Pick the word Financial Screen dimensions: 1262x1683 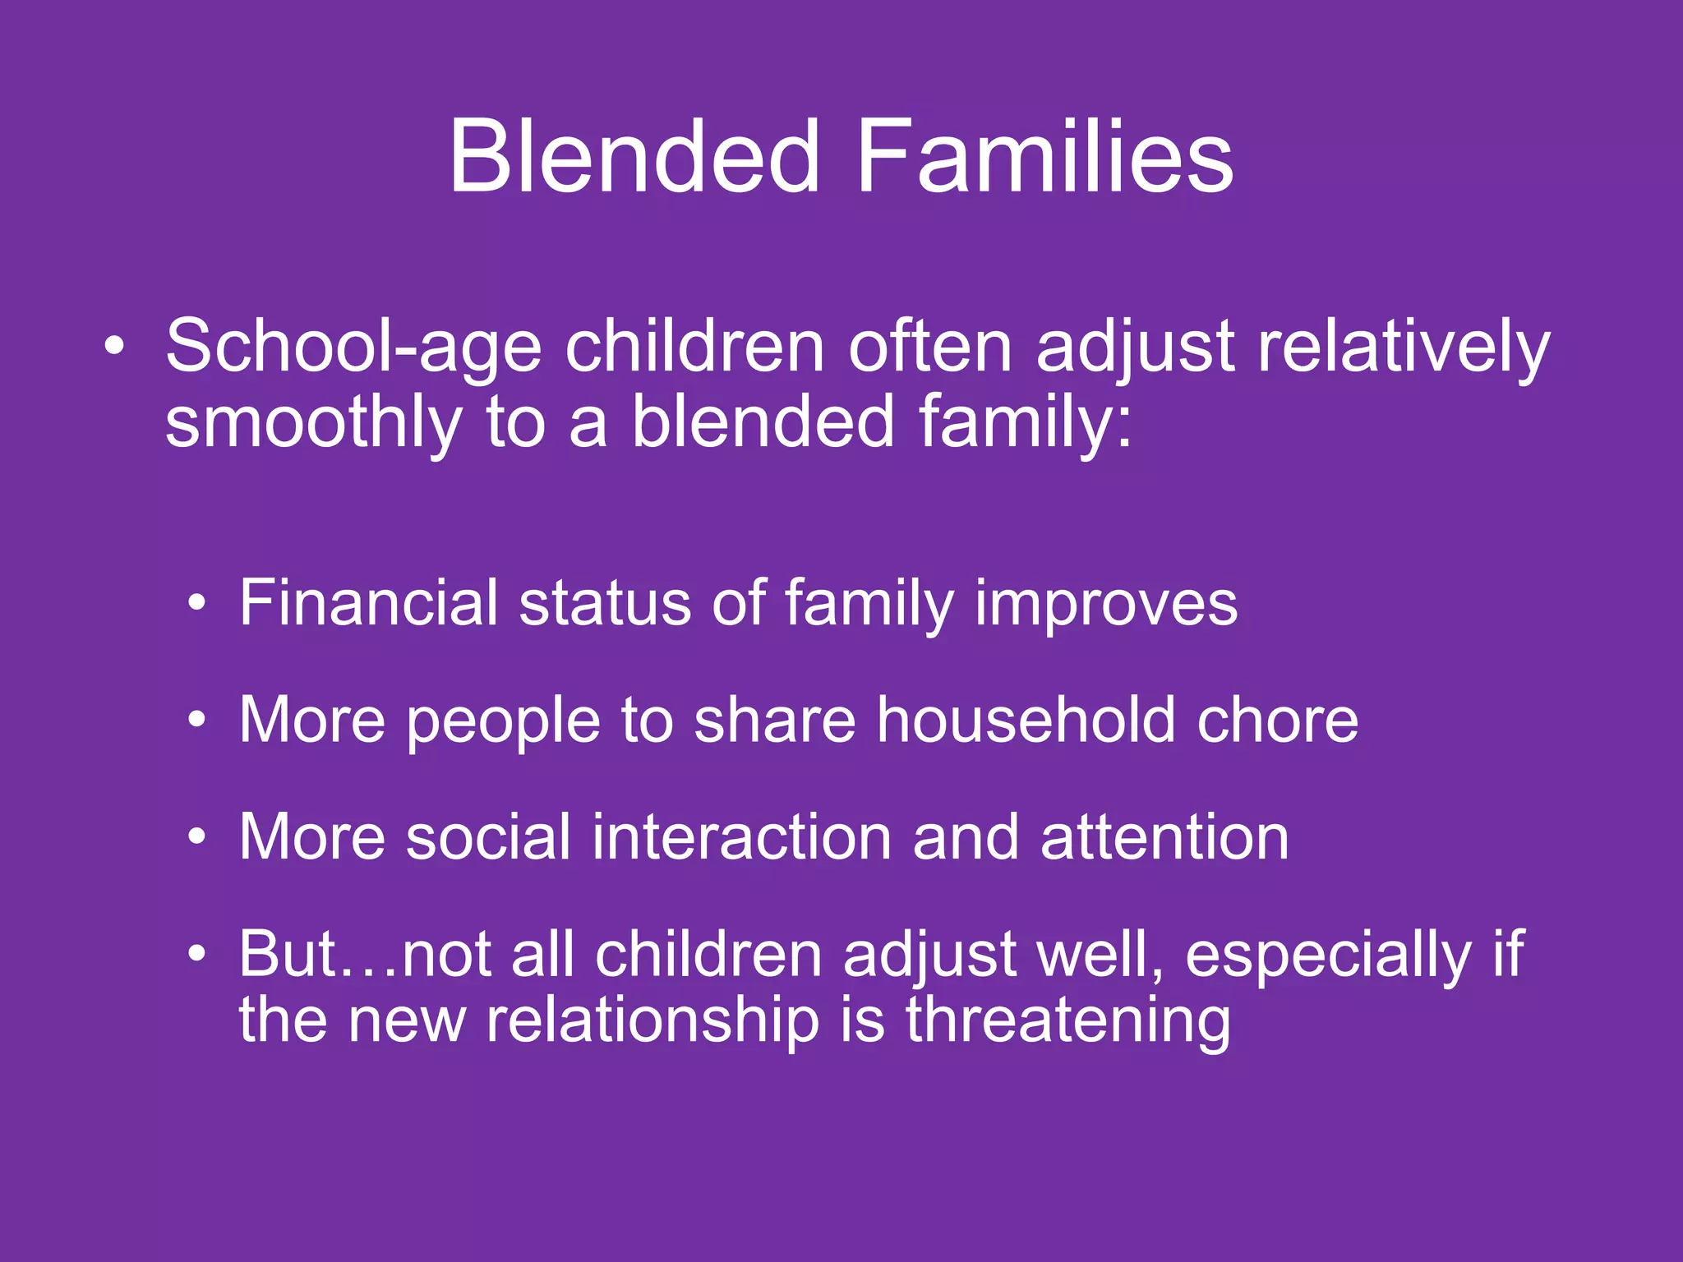coord(369,603)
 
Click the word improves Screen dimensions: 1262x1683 coord(1105,603)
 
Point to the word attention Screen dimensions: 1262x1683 coord(1164,837)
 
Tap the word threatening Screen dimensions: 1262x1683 coord(1067,1021)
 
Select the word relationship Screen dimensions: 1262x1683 coord(653,1021)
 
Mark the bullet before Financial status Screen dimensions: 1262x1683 coord(196,605)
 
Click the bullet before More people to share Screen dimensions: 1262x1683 coord(196,721)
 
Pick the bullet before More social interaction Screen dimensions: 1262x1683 coord(196,838)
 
